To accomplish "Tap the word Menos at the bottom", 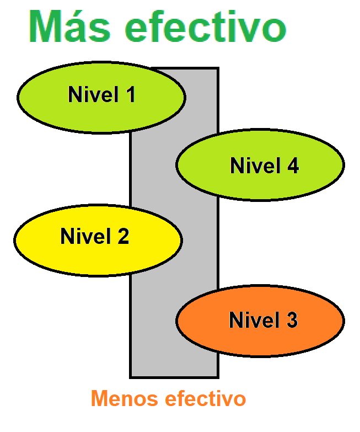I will click(121, 398).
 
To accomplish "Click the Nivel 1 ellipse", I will click(101, 97).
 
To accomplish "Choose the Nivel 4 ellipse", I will click(260, 164).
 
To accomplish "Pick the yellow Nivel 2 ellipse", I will click(98, 239).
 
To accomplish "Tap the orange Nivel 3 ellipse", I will click(260, 321).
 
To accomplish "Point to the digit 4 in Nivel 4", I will click(292, 166).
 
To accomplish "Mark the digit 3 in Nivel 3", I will click(291, 320).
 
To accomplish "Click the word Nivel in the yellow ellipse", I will click(83, 236).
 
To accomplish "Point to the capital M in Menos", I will click(99, 398).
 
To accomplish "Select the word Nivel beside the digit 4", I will click(253, 166).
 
